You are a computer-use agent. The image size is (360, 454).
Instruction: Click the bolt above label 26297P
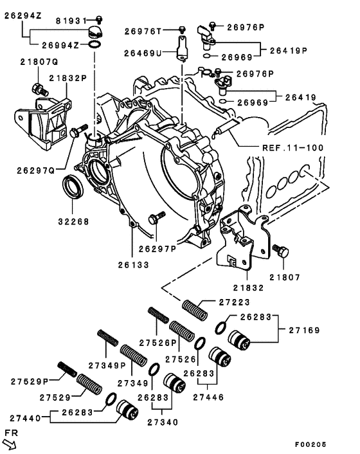coord(154,219)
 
